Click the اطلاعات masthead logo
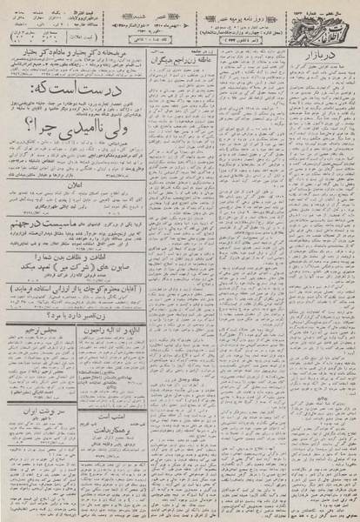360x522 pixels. [x=322, y=22]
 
